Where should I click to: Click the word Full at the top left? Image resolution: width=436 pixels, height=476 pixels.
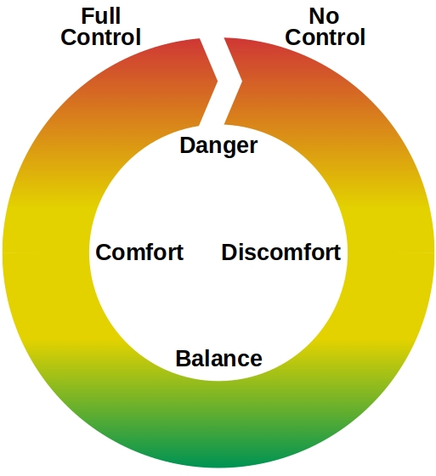(x=101, y=16)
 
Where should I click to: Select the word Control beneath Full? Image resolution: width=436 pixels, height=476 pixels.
(x=101, y=37)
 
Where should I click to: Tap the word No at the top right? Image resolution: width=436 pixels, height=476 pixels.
(x=324, y=16)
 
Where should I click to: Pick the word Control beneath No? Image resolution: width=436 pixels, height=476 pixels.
(x=325, y=37)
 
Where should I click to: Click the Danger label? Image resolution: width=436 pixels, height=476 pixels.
(x=218, y=145)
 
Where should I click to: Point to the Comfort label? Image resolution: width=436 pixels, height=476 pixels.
(x=139, y=252)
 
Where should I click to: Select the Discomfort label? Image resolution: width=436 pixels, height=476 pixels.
(x=281, y=252)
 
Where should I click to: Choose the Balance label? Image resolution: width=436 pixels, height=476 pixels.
(x=219, y=358)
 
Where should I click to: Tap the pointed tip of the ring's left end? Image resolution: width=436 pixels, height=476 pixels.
(x=218, y=81)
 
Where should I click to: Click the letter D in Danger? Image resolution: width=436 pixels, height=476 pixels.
(x=187, y=145)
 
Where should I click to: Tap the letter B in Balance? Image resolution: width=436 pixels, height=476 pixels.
(x=183, y=359)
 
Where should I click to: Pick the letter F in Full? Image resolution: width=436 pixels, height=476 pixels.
(x=88, y=16)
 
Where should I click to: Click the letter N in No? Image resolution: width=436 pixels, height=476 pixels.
(x=316, y=16)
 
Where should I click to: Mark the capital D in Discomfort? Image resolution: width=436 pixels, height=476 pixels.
(x=229, y=252)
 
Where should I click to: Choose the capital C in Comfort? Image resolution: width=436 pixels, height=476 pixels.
(x=103, y=252)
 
